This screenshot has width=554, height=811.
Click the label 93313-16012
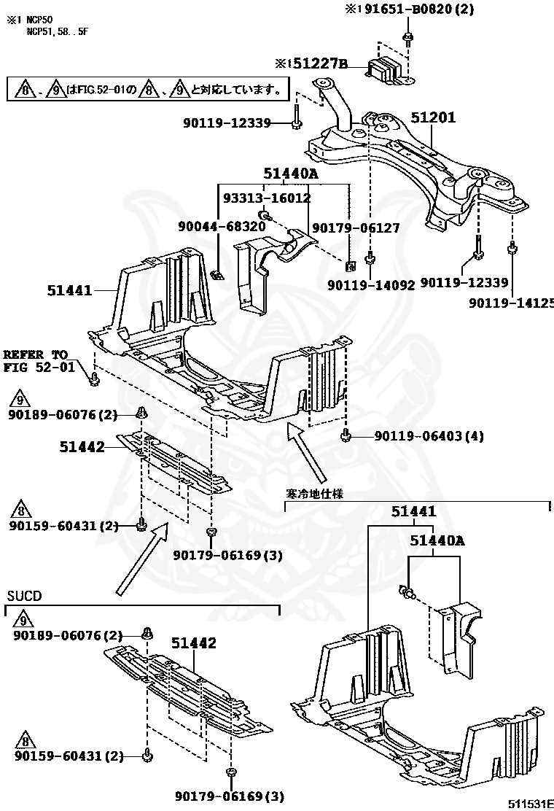click(266, 198)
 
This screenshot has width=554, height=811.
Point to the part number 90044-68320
click(222, 227)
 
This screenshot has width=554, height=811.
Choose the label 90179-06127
click(356, 228)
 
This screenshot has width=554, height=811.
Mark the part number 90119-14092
click(370, 285)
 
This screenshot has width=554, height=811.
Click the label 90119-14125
click(510, 302)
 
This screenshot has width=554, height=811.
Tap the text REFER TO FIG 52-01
click(39, 361)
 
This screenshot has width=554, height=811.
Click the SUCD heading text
click(24, 596)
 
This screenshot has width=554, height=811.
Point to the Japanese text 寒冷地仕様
click(313, 494)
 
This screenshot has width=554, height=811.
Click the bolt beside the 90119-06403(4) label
click(346, 436)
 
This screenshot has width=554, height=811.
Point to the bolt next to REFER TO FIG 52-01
click(93, 378)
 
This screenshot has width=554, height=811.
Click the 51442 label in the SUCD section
click(194, 643)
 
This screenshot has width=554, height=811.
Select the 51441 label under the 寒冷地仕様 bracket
click(413, 512)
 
